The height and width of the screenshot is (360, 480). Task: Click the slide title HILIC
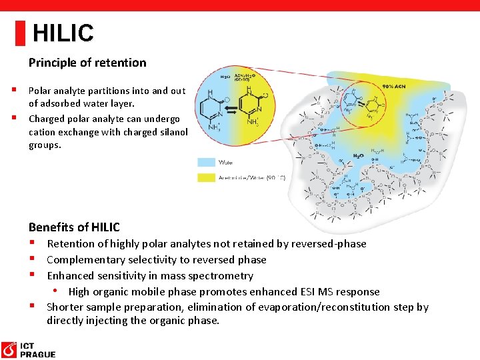pyautogui.click(x=63, y=33)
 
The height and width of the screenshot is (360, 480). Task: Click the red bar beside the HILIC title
pyautogui.click(x=20, y=33)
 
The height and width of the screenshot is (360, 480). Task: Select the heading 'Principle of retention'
pyautogui.click(x=87, y=63)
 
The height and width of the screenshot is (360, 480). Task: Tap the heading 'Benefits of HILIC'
pyautogui.click(x=74, y=227)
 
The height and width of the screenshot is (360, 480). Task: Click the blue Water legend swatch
pyautogui.click(x=207, y=161)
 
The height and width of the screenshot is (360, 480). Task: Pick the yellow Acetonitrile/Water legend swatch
pyautogui.click(x=207, y=177)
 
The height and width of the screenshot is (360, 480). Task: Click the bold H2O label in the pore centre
pyautogui.click(x=358, y=155)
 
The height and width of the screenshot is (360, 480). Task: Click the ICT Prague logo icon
pyautogui.click(x=9, y=350)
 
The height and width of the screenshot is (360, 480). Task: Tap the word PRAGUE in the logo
pyautogui.click(x=38, y=355)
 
